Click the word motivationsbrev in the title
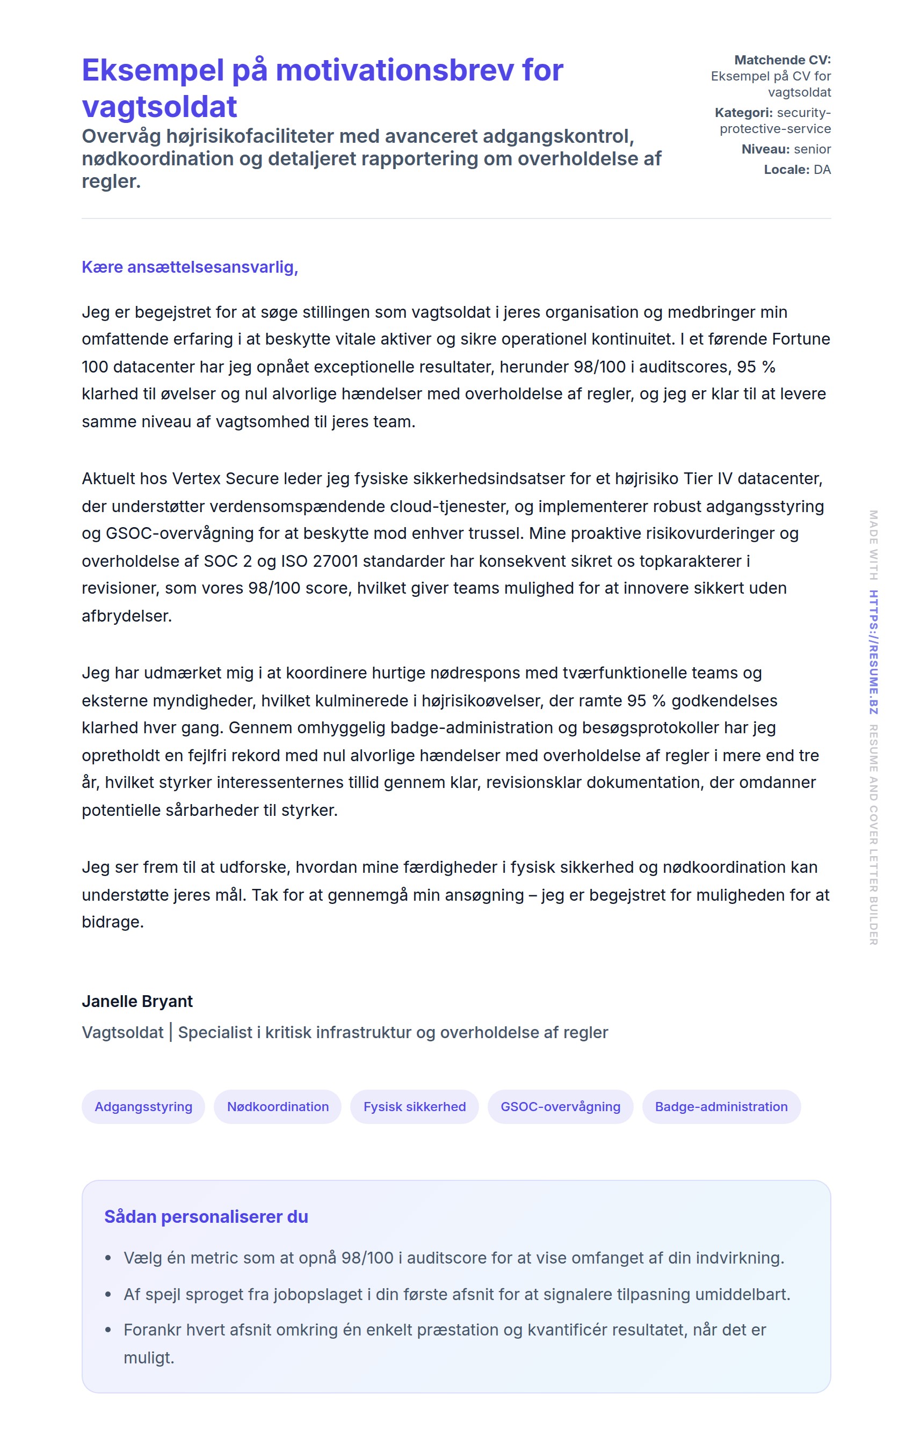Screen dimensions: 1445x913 tap(394, 70)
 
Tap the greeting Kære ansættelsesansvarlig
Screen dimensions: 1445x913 tap(190, 267)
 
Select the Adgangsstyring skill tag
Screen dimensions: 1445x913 tap(143, 1106)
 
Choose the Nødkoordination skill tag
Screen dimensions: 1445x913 tap(277, 1106)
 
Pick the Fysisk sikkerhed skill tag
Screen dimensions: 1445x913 tap(414, 1106)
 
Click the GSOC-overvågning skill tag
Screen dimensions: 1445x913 tap(560, 1106)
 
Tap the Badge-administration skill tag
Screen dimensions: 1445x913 tap(721, 1106)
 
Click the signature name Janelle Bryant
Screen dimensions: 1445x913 tap(137, 1002)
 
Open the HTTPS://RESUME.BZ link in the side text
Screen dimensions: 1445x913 tap(873, 652)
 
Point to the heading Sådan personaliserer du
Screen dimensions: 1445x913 tap(206, 1216)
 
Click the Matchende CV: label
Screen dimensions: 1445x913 tap(782, 60)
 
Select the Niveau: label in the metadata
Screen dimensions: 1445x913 tap(765, 149)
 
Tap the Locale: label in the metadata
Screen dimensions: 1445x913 tap(786, 170)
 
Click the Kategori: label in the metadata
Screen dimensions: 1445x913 tap(743, 113)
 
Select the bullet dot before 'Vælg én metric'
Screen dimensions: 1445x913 tap(108, 1258)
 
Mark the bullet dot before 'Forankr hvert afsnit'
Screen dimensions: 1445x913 tap(108, 1330)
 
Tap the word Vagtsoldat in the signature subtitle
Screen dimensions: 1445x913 tap(122, 1033)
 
